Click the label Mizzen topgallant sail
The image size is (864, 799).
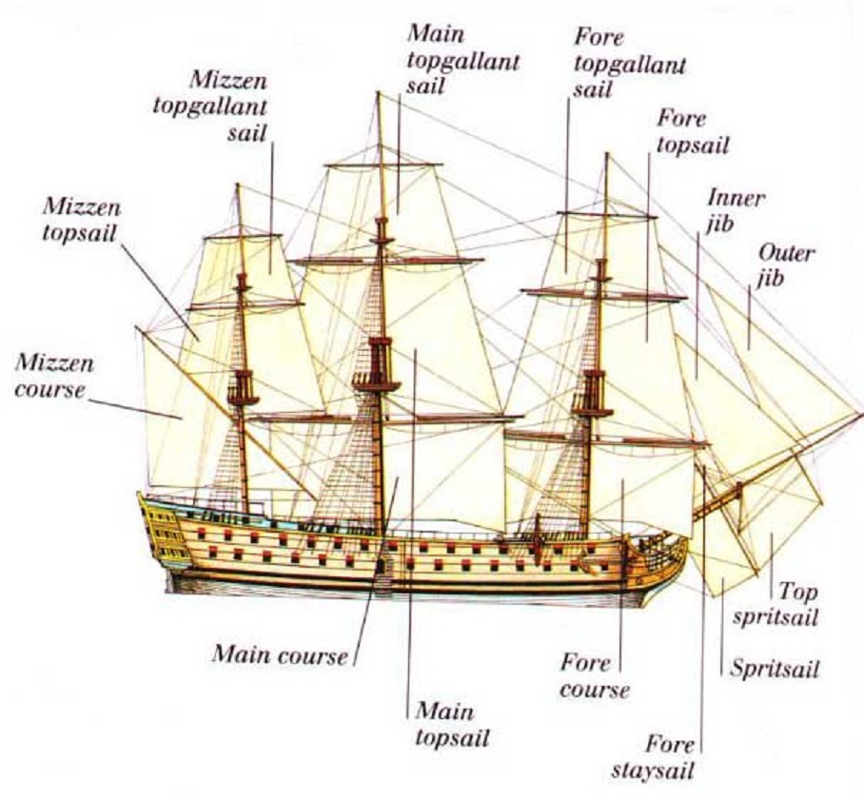[210, 107]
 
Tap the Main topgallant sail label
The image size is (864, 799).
[462, 61]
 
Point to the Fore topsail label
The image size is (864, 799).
[693, 132]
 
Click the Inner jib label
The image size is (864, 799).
[736, 211]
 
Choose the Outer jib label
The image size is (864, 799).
[786, 266]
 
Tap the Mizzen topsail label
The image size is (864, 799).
[81, 221]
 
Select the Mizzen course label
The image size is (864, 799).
[53, 376]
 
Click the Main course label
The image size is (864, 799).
[281, 654]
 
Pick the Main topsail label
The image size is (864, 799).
[452, 724]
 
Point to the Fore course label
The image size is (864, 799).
[594, 676]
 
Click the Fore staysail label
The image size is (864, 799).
[653, 758]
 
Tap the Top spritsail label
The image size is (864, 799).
[776, 605]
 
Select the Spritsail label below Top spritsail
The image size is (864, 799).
[775, 669]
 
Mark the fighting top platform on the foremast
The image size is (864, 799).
[592, 409]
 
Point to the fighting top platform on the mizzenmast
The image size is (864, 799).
[243, 398]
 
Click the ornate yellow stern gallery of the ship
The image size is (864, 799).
[163, 529]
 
